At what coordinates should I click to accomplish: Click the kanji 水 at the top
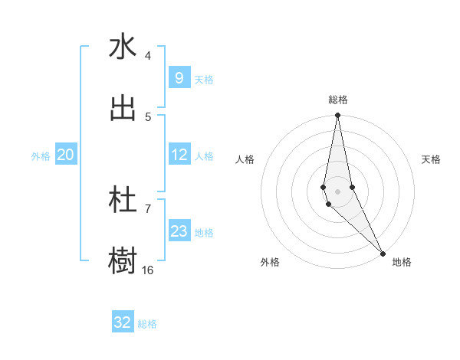tap(123, 47)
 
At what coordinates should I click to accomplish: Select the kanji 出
tap(123, 108)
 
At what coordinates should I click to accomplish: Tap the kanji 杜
tap(123, 200)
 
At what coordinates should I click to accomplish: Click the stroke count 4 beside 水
tap(148, 56)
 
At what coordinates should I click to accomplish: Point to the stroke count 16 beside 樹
tap(148, 270)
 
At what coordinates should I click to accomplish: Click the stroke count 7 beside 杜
tap(148, 208)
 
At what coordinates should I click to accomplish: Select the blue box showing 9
tap(179, 78)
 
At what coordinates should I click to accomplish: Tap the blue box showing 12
tap(179, 155)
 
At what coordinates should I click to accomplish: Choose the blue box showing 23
tap(179, 231)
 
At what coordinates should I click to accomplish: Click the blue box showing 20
tap(66, 155)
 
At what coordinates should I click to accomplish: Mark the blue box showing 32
tap(123, 322)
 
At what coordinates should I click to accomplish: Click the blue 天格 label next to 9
tap(204, 80)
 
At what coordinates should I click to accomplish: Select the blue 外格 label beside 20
tap(41, 156)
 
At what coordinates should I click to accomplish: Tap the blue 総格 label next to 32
tap(147, 324)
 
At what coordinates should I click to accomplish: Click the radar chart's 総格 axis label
tap(338, 100)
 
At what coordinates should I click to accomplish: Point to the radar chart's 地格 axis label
tap(402, 262)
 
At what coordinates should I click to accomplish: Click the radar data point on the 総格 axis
tap(337, 116)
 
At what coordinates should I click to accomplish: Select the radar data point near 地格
tap(383, 253)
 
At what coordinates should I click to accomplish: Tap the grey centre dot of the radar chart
tap(337, 191)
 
